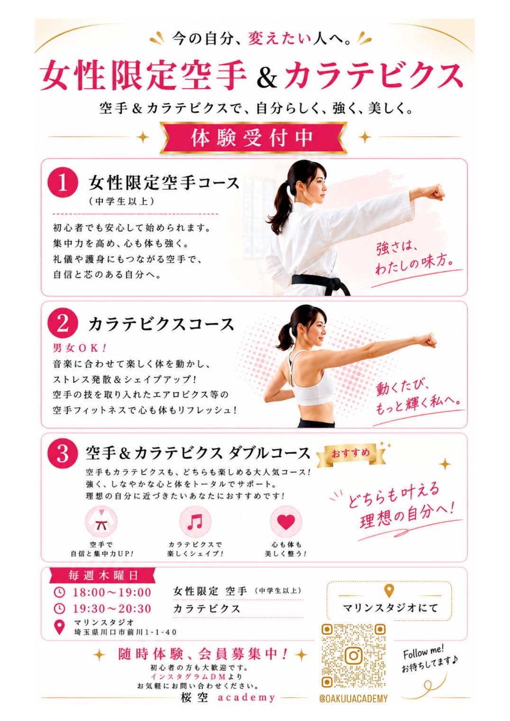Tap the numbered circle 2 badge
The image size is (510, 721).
63,324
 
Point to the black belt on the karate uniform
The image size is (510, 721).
321,283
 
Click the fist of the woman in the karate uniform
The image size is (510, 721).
435,192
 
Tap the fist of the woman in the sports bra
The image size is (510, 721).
428,340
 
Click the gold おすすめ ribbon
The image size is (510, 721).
351,454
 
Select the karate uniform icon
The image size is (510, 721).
101,521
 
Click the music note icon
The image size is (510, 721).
195,521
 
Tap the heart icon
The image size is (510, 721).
286,521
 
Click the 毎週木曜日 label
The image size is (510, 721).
102,575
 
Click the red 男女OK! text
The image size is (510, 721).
80,348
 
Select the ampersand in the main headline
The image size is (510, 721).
267,78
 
